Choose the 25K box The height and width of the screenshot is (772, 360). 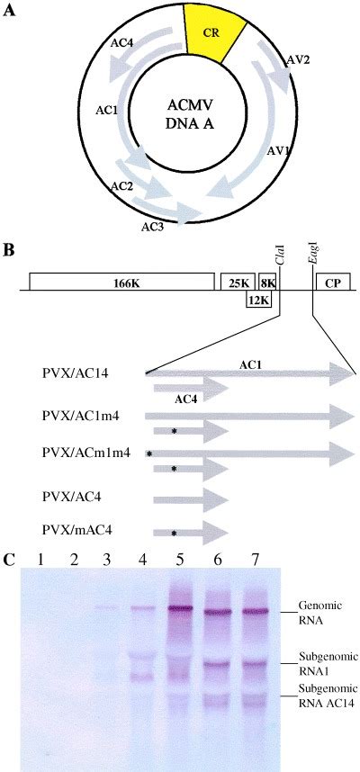click(238, 283)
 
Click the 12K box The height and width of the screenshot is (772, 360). click(258, 300)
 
